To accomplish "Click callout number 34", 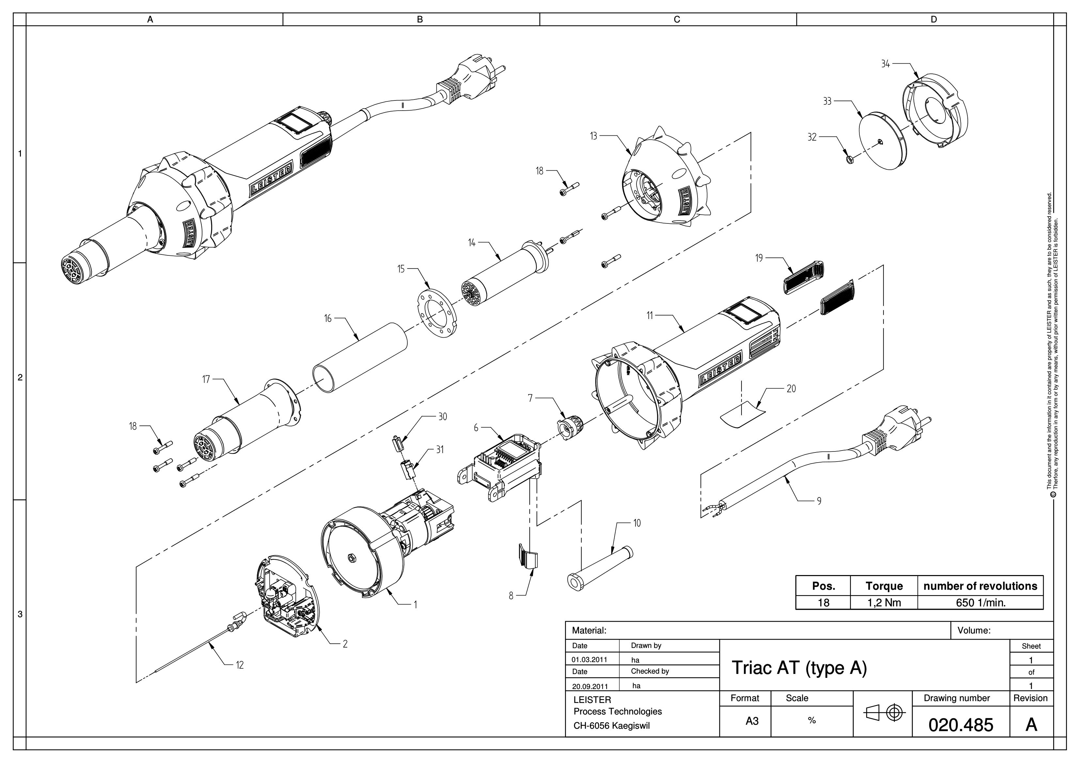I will [x=885, y=64].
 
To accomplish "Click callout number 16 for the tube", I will [x=328, y=318].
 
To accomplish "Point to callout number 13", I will [x=594, y=136].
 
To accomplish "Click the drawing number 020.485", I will [x=961, y=725].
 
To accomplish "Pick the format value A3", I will [x=752, y=721].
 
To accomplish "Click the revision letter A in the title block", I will [x=1031, y=725].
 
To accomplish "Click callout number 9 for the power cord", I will [x=819, y=501].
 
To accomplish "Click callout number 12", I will [x=240, y=665].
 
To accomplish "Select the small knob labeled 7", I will [x=570, y=426].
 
